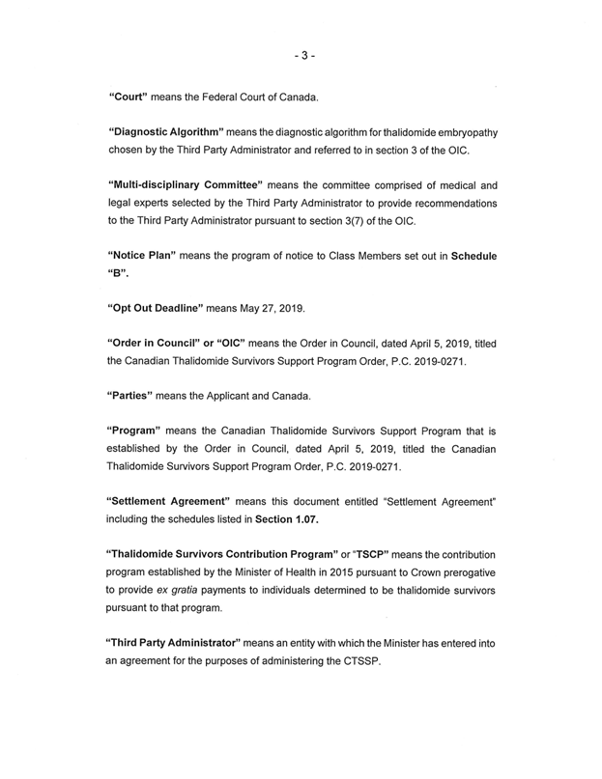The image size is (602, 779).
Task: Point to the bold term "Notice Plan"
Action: click(150, 256)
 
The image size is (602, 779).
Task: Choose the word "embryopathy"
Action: click(461, 131)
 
